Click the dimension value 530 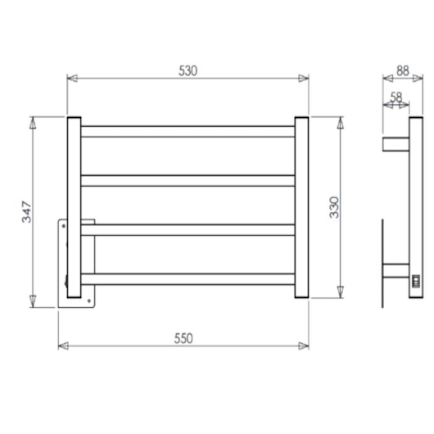click(188, 70)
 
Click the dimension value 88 click(402, 70)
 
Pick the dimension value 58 click(396, 97)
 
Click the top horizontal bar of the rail click(187, 131)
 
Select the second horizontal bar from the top click(187, 180)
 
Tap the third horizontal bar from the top click(187, 229)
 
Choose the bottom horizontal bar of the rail click(187, 278)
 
